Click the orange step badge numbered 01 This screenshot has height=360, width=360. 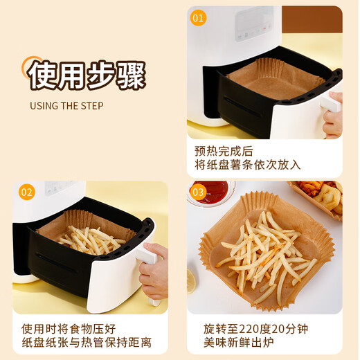click(x=199, y=18)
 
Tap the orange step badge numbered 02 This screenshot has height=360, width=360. click(x=26, y=192)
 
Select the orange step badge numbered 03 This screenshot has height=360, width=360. click(x=199, y=192)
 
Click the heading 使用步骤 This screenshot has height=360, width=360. click(x=86, y=73)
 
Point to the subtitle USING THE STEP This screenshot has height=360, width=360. click(x=66, y=106)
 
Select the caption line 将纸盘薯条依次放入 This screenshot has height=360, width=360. click(x=247, y=165)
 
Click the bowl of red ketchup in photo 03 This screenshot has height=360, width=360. click(x=211, y=190)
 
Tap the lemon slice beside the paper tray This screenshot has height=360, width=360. click(x=191, y=280)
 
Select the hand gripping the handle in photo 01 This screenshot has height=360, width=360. click(x=334, y=114)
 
